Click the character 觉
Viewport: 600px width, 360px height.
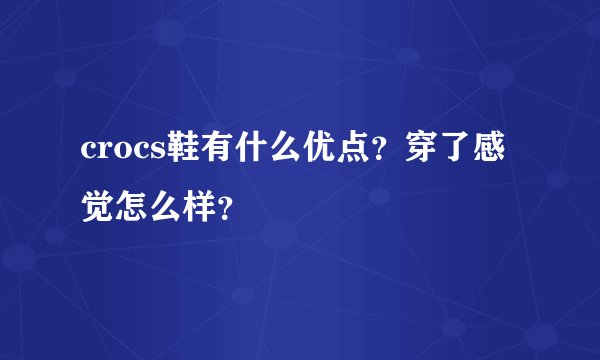click(96, 186)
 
